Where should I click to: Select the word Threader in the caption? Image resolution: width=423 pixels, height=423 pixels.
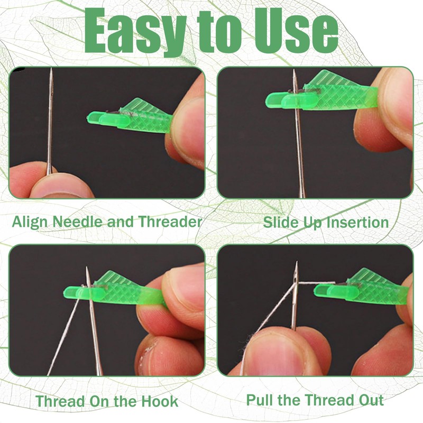click(x=170, y=221)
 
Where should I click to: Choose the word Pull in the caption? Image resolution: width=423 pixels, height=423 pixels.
click(x=259, y=400)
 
